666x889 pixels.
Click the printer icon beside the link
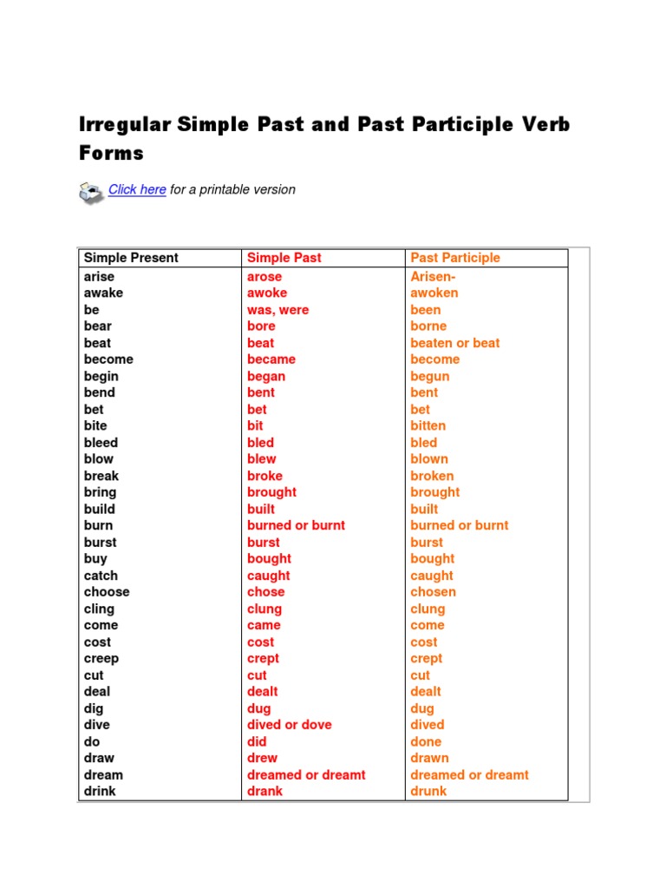point(91,192)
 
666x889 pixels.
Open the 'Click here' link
point(137,189)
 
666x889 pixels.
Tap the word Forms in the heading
point(111,154)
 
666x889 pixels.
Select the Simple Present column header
point(131,258)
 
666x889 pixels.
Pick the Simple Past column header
point(284,258)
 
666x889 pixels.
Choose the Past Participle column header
point(455,258)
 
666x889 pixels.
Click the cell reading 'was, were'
point(277,310)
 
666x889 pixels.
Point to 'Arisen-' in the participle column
point(433,277)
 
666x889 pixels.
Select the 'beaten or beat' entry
point(455,343)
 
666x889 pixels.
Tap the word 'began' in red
point(266,377)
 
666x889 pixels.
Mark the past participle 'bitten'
point(428,426)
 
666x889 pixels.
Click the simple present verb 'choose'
point(107,592)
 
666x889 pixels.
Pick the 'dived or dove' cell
point(290,725)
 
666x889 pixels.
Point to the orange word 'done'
point(426,741)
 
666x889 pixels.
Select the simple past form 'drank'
point(264,792)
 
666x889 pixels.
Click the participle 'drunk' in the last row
point(428,792)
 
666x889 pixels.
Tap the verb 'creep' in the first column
point(101,659)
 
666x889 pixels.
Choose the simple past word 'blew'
point(262,459)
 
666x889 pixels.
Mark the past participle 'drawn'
point(429,758)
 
